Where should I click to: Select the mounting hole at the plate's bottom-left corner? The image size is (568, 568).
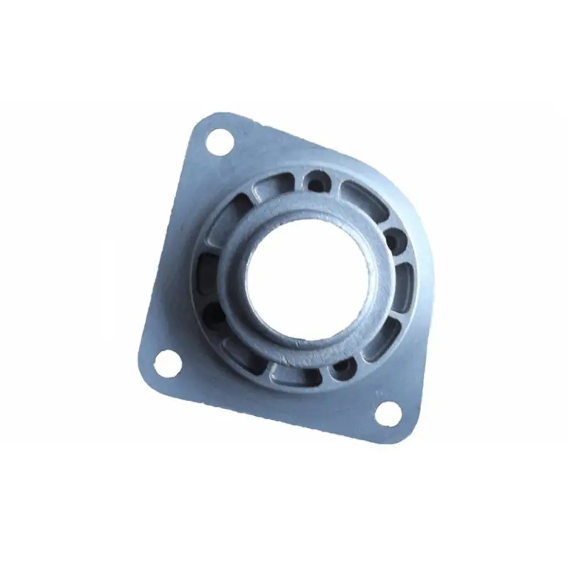[x=166, y=364]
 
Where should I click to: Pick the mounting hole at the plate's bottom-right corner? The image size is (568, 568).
[x=387, y=413]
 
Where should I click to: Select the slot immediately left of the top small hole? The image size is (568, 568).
[x=271, y=186]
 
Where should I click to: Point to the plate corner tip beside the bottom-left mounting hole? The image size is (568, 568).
[x=146, y=376]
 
